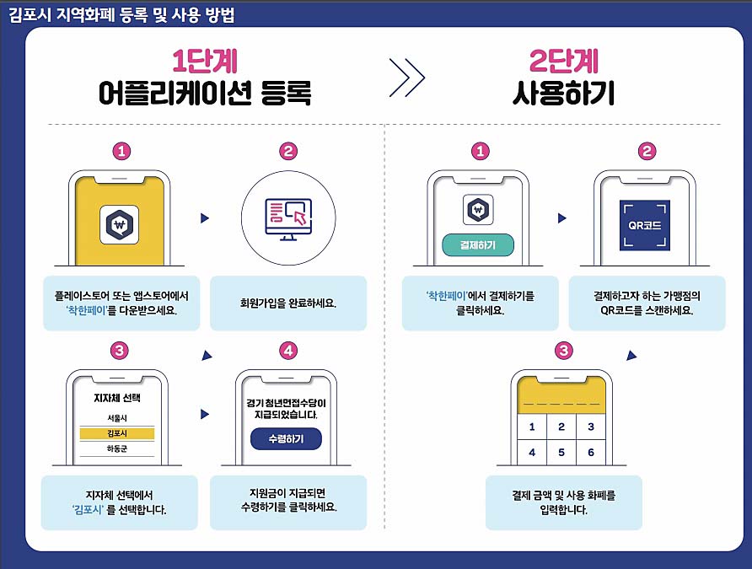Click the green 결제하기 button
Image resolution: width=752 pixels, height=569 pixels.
[x=477, y=245]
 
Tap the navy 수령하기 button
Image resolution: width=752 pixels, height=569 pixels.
[x=286, y=439]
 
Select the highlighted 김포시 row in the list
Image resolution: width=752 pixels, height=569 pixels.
[x=117, y=433]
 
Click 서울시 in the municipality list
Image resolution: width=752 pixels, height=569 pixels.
[x=117, y=418]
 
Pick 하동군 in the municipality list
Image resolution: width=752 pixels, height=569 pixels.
[x=117, y=448]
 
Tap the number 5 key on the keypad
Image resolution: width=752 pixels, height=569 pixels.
[x=561, y=453]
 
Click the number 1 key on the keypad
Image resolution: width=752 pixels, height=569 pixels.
[x=531, y=427]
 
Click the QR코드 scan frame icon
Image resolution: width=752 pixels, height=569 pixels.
[x=645, y=225]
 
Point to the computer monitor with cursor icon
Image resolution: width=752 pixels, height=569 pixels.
[x=288, y=218]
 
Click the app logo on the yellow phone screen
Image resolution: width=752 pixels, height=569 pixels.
[x=119, y=224]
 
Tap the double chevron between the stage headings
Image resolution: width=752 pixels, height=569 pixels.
[x=409, y=78]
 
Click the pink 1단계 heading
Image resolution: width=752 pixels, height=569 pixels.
[x=204, y=61]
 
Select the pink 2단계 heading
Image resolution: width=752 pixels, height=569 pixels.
[x=562, y=61]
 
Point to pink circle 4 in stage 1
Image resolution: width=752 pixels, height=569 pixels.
[x=288, y=350]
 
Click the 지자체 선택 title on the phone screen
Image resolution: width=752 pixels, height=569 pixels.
[x=117, y=397]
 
